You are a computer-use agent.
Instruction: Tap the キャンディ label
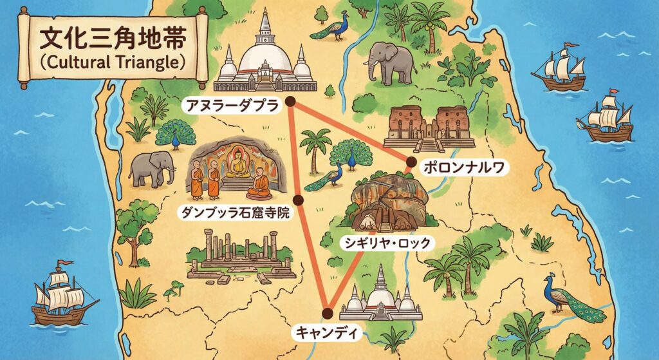(327, 333)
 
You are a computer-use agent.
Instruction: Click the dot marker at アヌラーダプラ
(290, 101)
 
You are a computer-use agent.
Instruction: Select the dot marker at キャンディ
(328, 314)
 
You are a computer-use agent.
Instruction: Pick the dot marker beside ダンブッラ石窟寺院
(297, 199)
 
